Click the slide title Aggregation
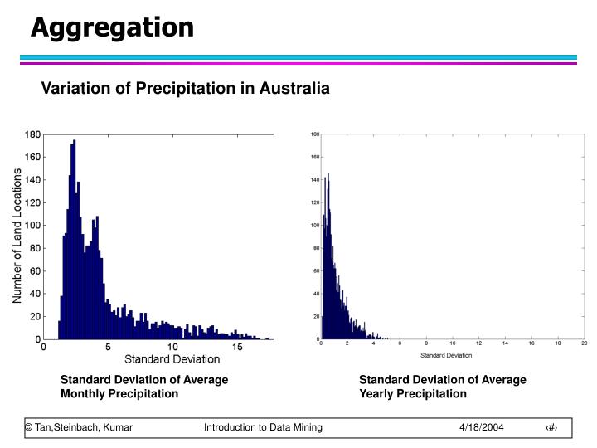(112, 27)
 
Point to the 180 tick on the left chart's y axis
(32, 134)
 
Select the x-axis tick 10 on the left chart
(172, 348)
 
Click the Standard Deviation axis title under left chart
(172, 359)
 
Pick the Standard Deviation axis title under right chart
(447, 356)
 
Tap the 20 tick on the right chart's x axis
(584, 344)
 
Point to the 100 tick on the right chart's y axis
(314, 225)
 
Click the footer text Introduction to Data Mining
(263, 426)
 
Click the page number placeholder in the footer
(551, 426)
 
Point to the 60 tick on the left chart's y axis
(35, 270)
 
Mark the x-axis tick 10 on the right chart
(452, 344)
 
